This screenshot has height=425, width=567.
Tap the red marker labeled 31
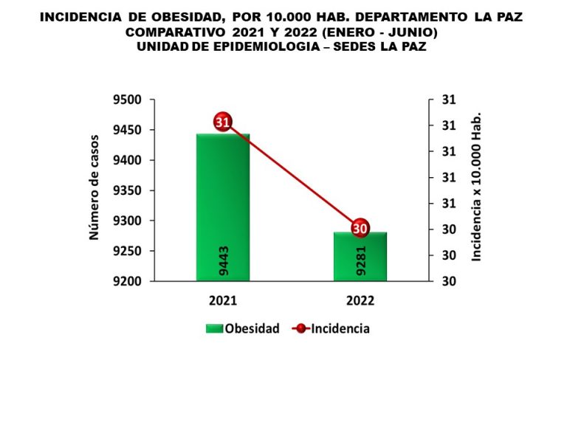223,122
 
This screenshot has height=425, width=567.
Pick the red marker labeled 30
360,228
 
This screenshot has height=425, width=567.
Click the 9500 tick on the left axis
131,100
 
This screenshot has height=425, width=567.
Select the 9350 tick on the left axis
131,190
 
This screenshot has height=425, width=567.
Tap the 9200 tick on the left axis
131,281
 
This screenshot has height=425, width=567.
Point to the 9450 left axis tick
131,131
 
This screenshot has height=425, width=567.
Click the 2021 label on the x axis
223,301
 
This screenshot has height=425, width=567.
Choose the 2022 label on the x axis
360,301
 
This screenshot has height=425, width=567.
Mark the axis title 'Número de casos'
94,190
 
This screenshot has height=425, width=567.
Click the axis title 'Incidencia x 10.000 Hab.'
476,187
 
